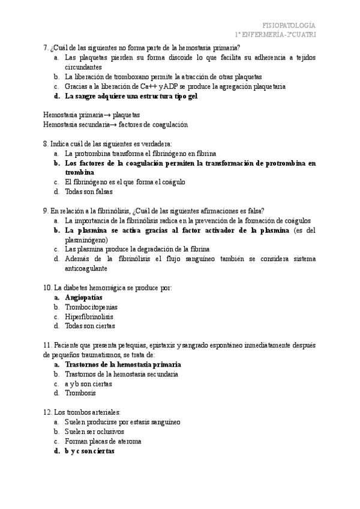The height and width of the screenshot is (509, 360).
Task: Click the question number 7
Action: [46, 48]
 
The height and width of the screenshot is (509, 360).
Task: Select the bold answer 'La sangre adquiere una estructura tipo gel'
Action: [131, 96]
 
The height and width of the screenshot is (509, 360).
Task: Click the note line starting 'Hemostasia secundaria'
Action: [115, 124]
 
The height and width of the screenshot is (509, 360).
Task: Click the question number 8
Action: [46, 143]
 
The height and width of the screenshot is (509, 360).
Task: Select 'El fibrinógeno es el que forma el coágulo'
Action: [125, 182]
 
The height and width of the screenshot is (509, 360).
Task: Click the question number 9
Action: [46, 211]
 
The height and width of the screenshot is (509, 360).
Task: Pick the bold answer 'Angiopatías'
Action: [83, 297]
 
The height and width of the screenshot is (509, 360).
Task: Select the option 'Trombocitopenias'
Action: [91, 307]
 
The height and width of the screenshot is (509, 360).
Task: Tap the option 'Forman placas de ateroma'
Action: [103, 441]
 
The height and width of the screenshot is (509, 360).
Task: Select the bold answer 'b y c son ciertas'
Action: [89, 451]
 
